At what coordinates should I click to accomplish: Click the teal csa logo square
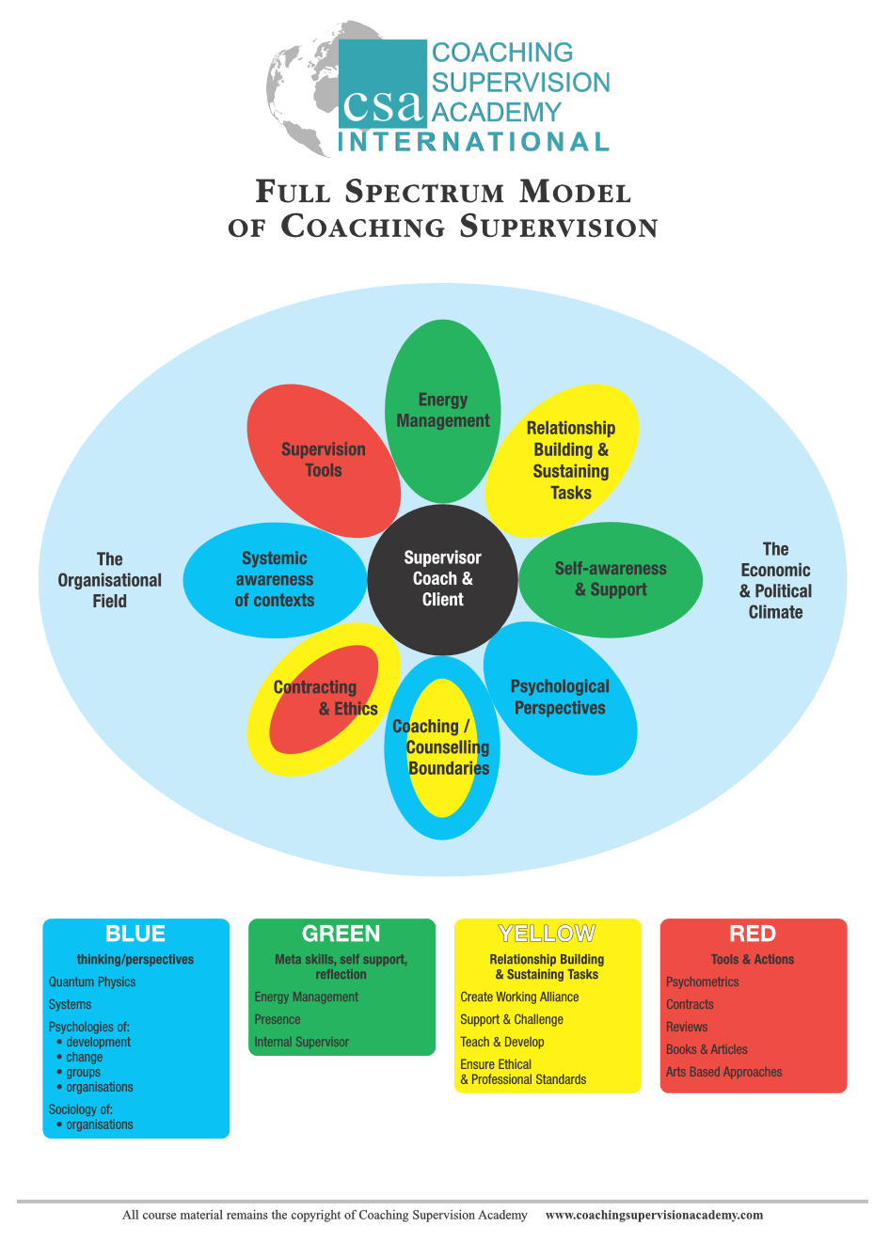(x=382, y=84)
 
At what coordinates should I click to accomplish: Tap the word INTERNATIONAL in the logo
(x=473, y=142)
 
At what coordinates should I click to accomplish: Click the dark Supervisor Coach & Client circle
(x=442, y=579)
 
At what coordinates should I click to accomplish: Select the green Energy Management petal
(x=443, y=411)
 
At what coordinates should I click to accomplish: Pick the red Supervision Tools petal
(x=324, y=461)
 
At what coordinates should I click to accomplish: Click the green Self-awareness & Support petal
(x=611, y=580)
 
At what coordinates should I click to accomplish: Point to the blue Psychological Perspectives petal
(x=560, y=698)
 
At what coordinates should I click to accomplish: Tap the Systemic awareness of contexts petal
(x=275, y=580)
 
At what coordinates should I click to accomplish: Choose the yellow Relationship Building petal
(x=562, y=461)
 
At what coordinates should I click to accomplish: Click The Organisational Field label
(x=109, y=580)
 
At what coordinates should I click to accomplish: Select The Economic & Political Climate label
(x=775, y=580)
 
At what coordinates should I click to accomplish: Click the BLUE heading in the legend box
(x=135, y=934)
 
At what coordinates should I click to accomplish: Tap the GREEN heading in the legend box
(x=341, y=934)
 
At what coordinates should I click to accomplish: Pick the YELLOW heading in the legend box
(x=547, y=934)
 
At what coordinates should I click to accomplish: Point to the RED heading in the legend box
(x=753, y=934)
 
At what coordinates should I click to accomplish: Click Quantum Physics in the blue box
(x=92, y=982)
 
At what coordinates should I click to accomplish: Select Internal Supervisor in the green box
(x=302, y=1042)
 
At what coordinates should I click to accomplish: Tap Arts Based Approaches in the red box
(x=723, y=1071)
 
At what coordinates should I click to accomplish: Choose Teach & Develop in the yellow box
(x=502, y=1042)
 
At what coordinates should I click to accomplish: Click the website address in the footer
(x=654, y=1215)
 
